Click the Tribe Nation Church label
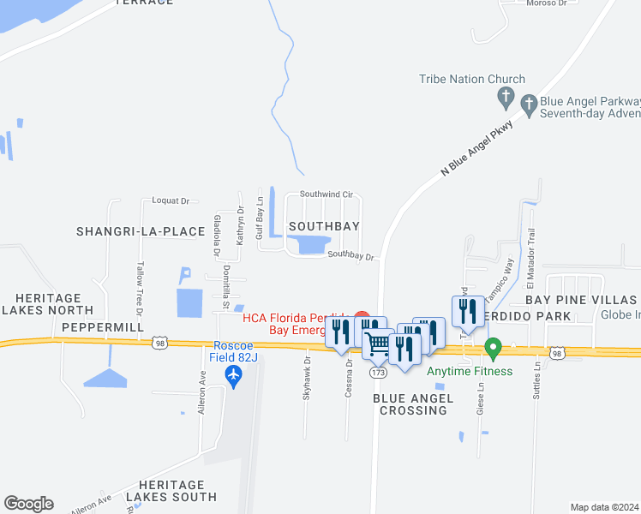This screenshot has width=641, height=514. [471, 80]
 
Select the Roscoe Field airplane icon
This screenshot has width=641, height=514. [232, 374]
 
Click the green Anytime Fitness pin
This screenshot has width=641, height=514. [493, 349]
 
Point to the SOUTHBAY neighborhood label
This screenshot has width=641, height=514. [322, 225]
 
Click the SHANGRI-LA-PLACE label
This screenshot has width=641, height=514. [141, 231]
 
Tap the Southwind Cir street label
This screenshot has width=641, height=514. [326, 194]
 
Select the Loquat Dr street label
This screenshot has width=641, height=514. [170, 200]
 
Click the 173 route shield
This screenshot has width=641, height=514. [379, 373]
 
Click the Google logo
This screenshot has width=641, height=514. [28, 504]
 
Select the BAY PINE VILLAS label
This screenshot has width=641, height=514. [581, 300]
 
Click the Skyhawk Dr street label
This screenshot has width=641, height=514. [306, 383]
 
